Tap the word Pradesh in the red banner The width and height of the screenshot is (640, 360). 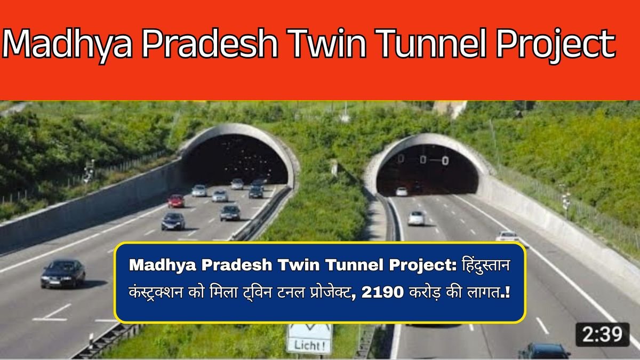[x=210, y=44]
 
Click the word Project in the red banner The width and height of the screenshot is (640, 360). [x=555, y=45]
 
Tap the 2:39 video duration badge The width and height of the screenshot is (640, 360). [x=602, y=334]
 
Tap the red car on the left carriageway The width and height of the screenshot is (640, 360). [x=176, y=201]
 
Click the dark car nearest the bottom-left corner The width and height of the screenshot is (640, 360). [x=63, y=273]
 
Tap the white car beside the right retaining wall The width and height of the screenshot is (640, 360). [x=507, y=236]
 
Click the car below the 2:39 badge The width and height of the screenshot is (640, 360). [x=544, y=351]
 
